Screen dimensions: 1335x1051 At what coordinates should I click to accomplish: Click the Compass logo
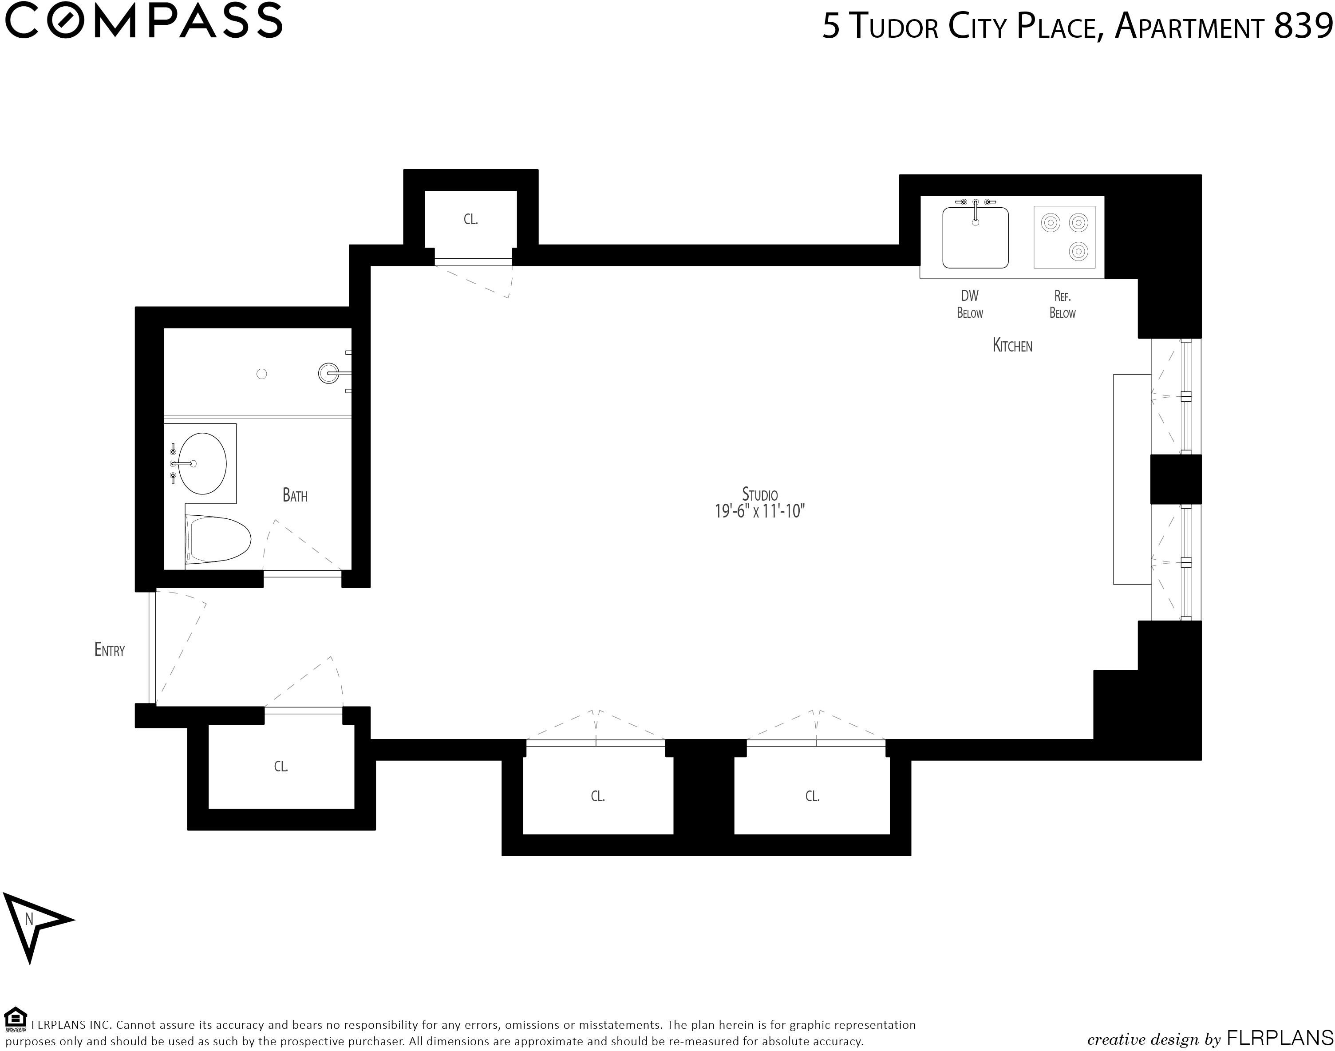pos(144,20)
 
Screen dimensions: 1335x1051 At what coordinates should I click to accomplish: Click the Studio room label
pos(760,494)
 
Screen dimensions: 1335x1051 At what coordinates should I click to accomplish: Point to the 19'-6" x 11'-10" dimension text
pos(760,511)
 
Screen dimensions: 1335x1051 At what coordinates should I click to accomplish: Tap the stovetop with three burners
pos(1064,237)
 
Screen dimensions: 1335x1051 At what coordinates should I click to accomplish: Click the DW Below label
pos(970,304)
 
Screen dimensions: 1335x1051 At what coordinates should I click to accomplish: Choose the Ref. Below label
pos(1062,304)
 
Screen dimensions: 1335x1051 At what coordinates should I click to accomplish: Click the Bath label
pos(295,495)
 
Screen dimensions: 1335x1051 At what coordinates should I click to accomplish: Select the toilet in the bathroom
pos(218,540)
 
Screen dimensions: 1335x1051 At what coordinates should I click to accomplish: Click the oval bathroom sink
pos(202,463)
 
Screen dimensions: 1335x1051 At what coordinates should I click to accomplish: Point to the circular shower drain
pos(261,374)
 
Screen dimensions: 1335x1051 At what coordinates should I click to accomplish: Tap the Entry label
pos(110,650)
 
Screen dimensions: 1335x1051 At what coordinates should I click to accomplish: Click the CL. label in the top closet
pos(470,219)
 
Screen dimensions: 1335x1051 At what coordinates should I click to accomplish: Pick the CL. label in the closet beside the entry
pos(281,766)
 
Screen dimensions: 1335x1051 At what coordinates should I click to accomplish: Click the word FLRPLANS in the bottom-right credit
pos(1280,1039)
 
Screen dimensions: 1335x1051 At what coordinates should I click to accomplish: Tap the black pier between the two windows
pos(1176,479)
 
